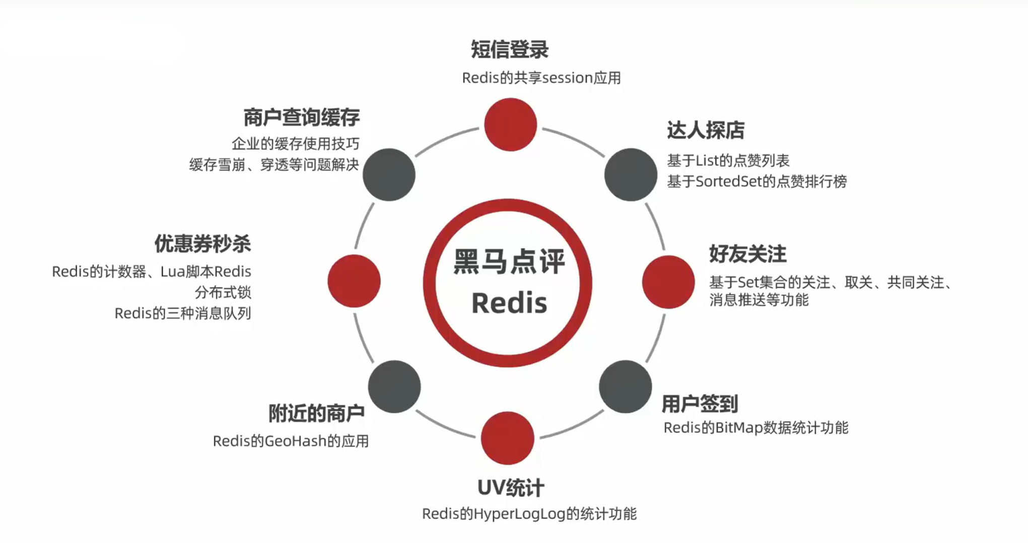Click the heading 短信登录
coord(509,49)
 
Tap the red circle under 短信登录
coord(510,125)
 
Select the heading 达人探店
coord(705,130)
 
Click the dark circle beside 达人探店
coord(630,174)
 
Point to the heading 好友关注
coord(747,254)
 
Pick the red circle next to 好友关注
coord(668,282)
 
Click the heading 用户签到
coord(699,404)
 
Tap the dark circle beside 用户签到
coord(625,387)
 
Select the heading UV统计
coord(510,488)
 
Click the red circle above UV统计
coord(507,438)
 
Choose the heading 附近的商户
coord(316,413)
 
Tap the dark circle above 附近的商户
coord(394,387)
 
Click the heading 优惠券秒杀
coord(202,244)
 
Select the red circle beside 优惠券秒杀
coord(354,281)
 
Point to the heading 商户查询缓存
coord(301,117)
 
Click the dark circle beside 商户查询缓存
coord(389,174)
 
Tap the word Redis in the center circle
coord(509,303)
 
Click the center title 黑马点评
coord(509,262)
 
